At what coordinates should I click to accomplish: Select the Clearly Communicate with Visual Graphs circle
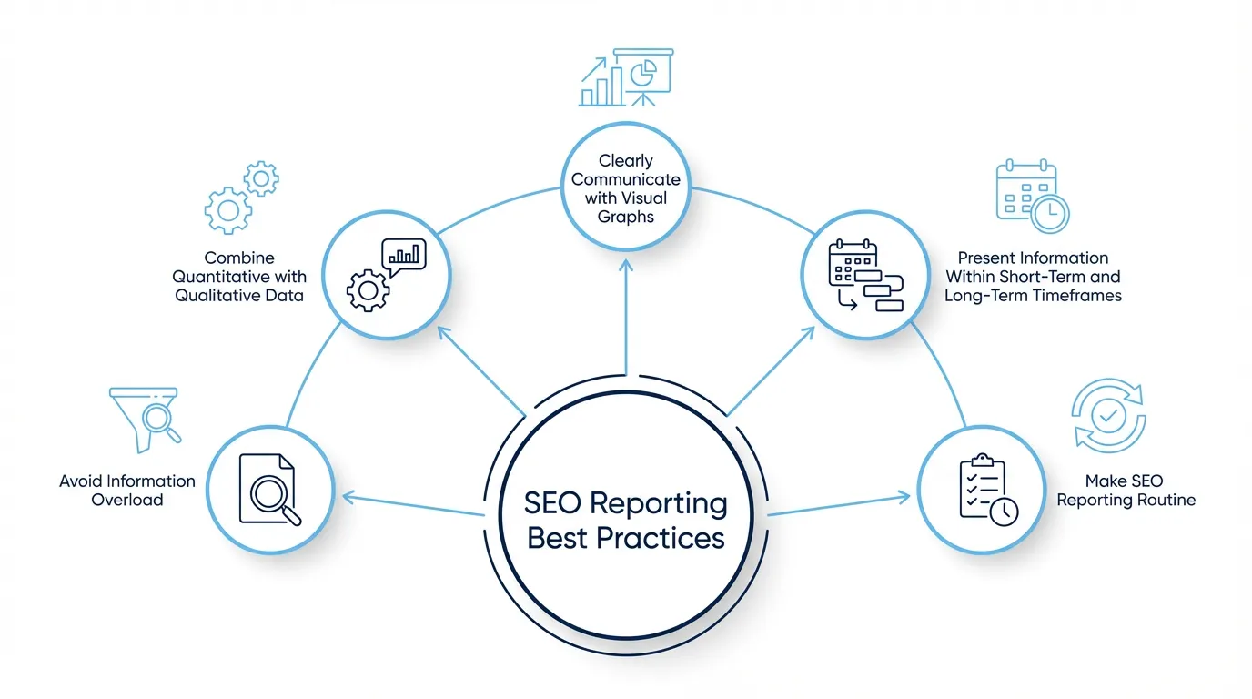(x=626, y=188)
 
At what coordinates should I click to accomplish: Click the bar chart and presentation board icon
(x=626, y=78)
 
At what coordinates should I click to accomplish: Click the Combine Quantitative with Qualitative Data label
(x=239, y=277)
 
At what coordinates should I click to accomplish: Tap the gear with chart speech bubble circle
(x=387, y=271)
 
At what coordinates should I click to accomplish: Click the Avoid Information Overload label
(x=127, y=490)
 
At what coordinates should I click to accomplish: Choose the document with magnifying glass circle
(x=268, y=489)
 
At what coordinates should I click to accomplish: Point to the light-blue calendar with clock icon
(x=1032, y=197)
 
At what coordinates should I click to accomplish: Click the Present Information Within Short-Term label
(x=1033, y=277)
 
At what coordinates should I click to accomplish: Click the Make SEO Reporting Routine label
(x=1125, y=490)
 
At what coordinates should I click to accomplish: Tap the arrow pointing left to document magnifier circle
(x=409, y=505)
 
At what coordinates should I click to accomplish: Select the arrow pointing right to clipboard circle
(x=837, y=505)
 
